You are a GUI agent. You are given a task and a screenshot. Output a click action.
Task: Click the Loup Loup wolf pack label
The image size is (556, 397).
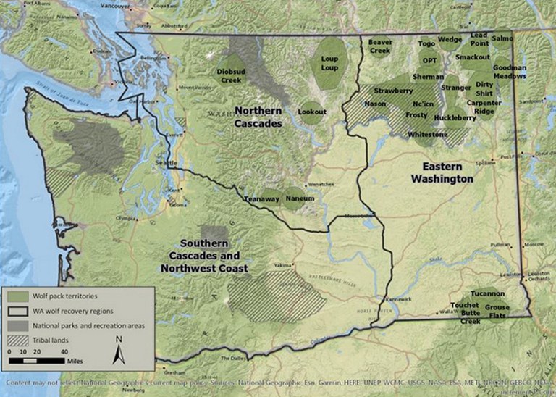tap(329, 62)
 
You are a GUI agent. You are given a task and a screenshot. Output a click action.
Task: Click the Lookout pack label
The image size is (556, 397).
tap(312, 112)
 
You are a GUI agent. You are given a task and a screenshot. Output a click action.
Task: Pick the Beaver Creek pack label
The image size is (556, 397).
tap(380, 46)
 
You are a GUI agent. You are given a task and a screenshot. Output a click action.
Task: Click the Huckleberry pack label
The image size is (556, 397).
tap(455, 117)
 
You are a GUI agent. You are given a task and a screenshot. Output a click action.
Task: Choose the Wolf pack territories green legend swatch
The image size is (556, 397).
tap(19, 296)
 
